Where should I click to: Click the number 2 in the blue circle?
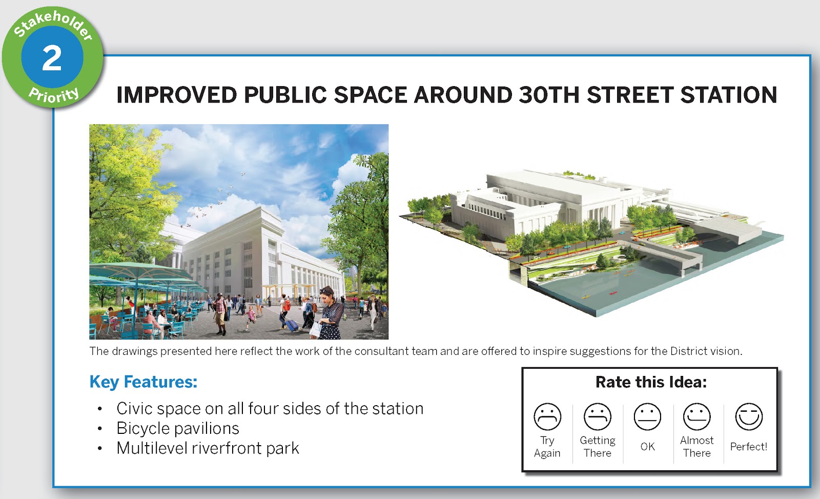click(x=52, y=58)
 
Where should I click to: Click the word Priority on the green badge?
click(x=54, y=96)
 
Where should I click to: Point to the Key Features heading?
click(x=143, y=382)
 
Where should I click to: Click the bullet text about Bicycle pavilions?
click(x=177, y=428)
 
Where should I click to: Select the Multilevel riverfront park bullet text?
click(x=208, y=448)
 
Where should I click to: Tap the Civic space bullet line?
click(x=270, y=409)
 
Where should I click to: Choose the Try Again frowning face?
click(x=547, y=416)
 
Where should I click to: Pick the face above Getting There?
click(x=598, y=416)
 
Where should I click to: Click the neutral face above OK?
click(x=647, y=416)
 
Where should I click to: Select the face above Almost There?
click(x=696, y=416)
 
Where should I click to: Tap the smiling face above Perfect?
click(x=749, y=416)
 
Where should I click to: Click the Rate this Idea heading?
click(x=651, y=382)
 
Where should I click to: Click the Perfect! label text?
click(x=749, y=447)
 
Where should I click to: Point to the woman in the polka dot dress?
click(x=331, y=313)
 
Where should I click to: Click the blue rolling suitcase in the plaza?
click(x=292, y=325)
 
